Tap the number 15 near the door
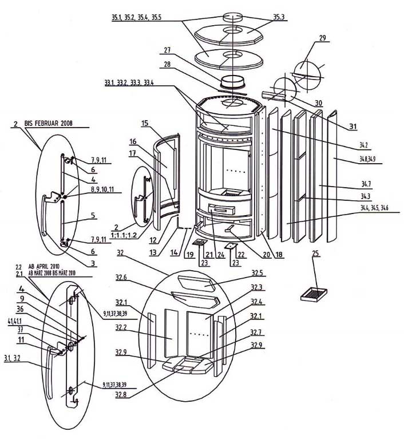145,124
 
